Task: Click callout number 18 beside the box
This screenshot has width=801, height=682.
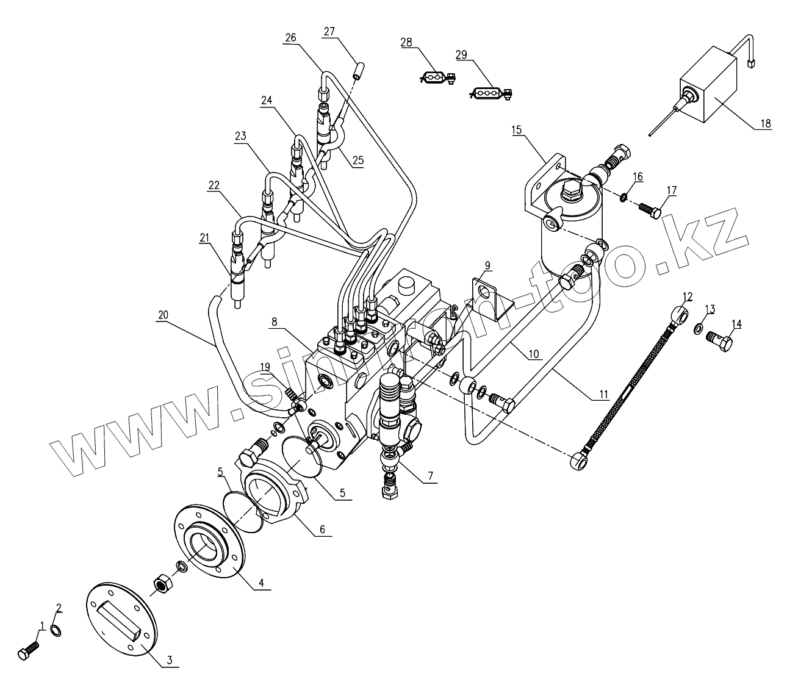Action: pos(765,123)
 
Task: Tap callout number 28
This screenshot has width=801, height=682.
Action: pos(406,43)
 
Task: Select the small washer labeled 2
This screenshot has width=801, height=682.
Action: pos(56,630)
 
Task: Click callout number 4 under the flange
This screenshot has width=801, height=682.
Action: pos(260,583)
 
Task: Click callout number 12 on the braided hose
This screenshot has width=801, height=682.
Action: pos(688,297)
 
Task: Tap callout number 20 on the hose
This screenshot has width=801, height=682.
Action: pos(162,315)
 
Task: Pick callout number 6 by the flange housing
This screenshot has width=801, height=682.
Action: pos(321,529)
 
